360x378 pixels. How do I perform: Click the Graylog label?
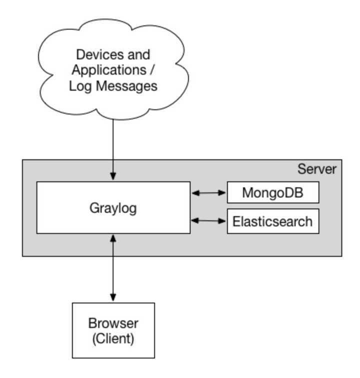pos(113,207)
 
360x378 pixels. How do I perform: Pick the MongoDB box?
pos(272,192)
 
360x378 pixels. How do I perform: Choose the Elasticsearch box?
pos(272,221)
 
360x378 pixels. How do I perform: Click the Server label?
pos(317,168)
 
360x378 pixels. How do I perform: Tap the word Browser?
pos(113,323)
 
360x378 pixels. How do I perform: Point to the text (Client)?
pos(113,338)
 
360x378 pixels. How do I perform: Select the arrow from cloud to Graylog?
pos(113,145)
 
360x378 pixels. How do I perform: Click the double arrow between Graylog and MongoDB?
pos(208,192)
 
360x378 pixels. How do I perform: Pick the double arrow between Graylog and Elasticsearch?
pos(208,220)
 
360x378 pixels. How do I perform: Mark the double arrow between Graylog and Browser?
pos(113,267)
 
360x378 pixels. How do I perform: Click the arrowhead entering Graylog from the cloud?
pos(113,176)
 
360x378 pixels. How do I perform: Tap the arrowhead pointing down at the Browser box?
pos(113,298)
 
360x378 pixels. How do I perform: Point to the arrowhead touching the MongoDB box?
pos(223,192)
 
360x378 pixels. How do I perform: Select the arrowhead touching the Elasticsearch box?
pos(223,220)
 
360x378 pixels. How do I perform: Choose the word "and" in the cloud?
pos(139,54)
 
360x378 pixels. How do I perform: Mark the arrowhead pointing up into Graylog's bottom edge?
pos(113,238)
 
